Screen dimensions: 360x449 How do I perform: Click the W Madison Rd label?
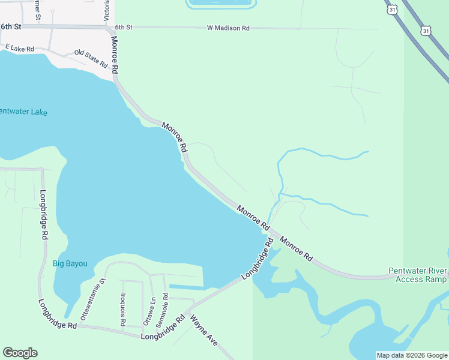(228, 28)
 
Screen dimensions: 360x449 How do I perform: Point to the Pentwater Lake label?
(23, 112)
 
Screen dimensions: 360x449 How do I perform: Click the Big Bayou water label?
(70, 263)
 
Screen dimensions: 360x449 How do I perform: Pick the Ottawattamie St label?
(94, 298)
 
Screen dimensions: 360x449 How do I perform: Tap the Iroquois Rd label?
(122, 309)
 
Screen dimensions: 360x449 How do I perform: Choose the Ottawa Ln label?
(146, 311)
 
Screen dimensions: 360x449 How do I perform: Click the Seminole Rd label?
(161, 306)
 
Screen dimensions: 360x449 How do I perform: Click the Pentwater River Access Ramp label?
(417, 275)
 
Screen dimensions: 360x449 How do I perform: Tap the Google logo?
(20, 353)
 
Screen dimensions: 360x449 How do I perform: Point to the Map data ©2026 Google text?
(412, 355)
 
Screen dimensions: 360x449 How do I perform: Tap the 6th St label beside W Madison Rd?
(123, 28)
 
